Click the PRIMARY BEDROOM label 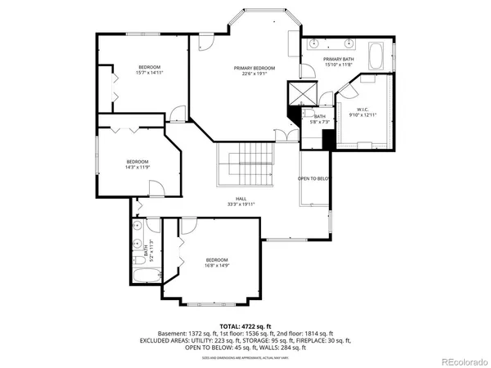pos(254,68)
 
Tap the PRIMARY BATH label pos(337,60)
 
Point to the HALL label pos(241,199)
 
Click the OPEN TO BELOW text pos(313,178)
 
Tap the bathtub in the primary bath pos(377,56)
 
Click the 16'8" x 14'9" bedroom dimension pos(216,265)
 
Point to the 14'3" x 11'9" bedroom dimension pos(137,167)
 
